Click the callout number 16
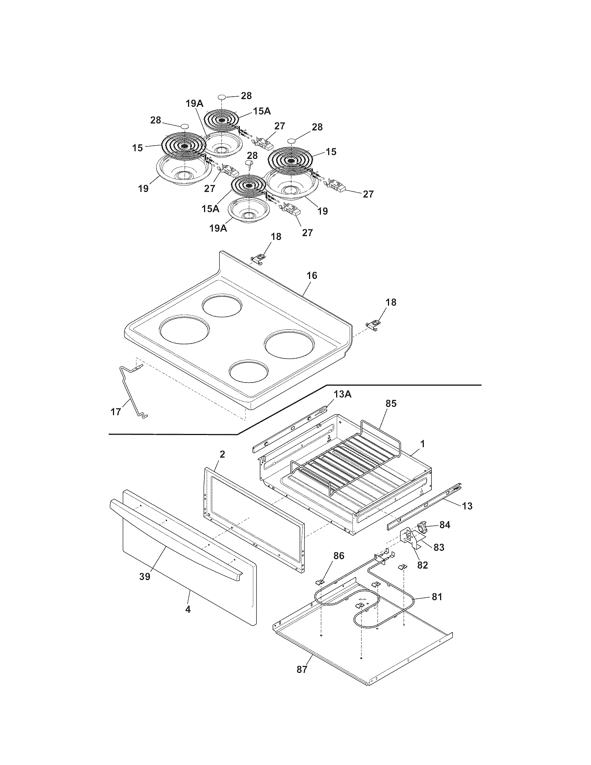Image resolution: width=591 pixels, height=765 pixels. coord(311,276)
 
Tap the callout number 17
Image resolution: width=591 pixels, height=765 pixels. coord(115,412)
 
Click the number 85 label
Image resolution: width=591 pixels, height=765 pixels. coord(391,403)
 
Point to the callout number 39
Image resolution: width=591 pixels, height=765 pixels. coord(145,576)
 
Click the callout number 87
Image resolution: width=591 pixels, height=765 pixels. coord(302,669)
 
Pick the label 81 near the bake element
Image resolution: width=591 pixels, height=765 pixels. coord(437,596)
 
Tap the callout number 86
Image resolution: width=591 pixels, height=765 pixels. coord(339,556)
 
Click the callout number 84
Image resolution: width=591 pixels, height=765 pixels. coord(444,525)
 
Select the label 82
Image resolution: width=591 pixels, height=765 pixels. coord(423,565)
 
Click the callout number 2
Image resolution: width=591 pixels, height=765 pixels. coord(222,454)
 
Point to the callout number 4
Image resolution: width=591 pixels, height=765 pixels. coord(188,609)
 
